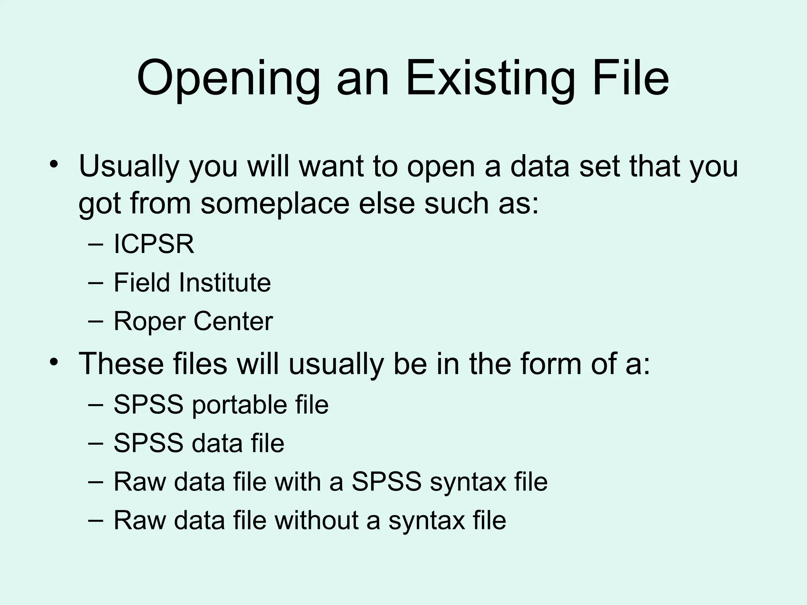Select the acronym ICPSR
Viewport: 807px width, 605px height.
pyautogui.click(x=154, y=244)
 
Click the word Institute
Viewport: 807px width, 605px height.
pyautogui.click(x=225, y=282)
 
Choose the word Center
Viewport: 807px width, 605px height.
pyautogui.click(x=233, y=321)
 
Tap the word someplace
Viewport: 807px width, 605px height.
pyautogui.click(x=275, y=204)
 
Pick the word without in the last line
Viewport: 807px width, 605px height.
pyautogui.click(x=317, y=520)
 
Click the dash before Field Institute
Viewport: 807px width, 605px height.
pyautogui.click(x=96, y=283)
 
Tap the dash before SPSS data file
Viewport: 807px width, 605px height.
pyautogui.click(x=96, y=443)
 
